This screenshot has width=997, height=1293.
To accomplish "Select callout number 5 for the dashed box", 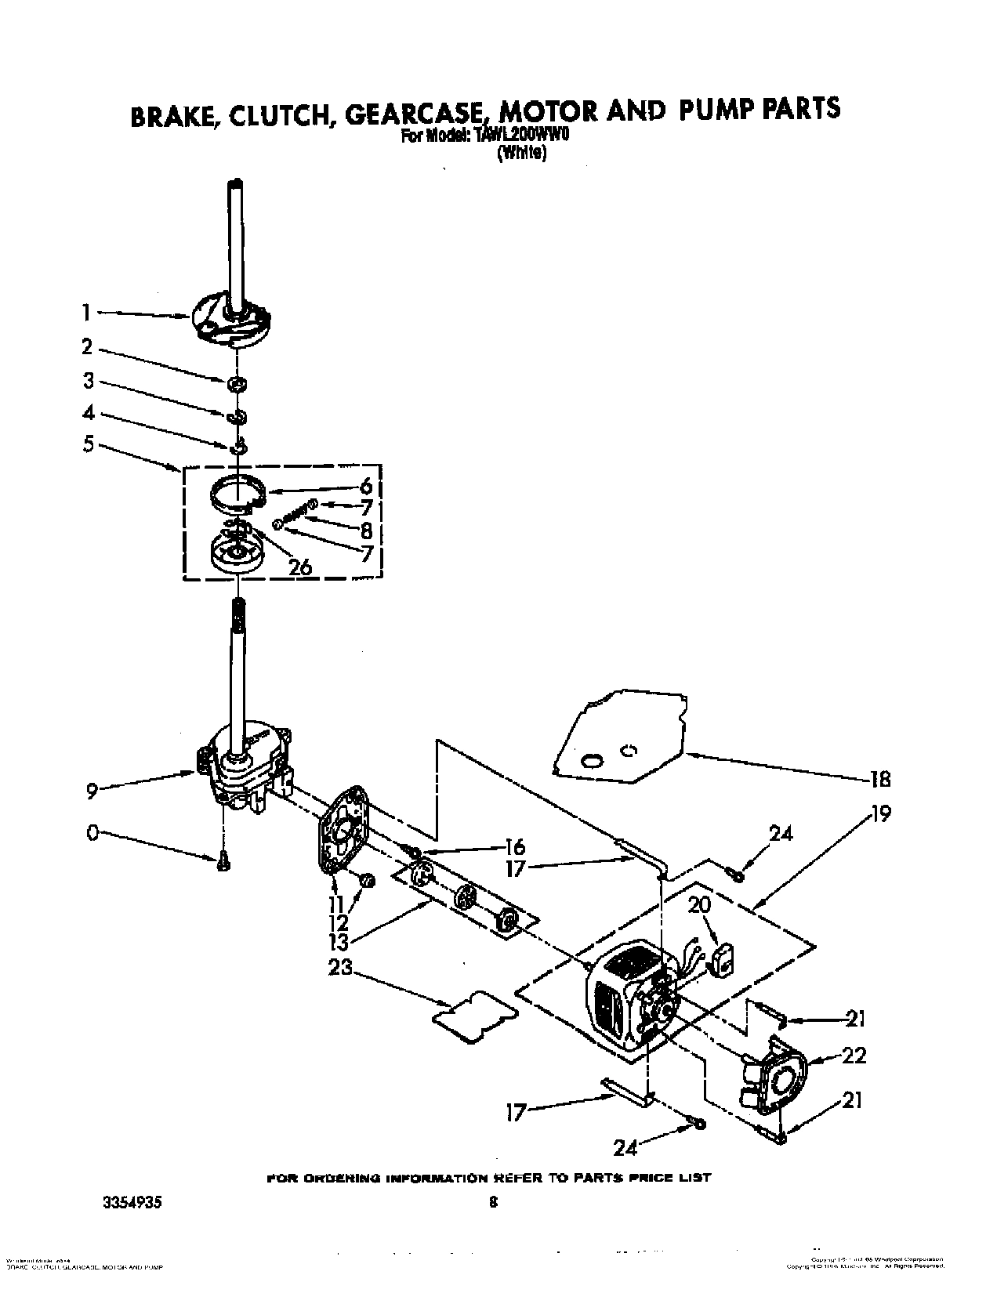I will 87,445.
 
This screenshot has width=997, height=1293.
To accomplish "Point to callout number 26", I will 301,565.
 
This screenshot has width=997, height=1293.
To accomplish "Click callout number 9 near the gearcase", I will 92,792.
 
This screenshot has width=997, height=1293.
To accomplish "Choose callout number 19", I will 881,814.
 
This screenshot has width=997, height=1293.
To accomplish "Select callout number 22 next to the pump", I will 854,1056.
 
